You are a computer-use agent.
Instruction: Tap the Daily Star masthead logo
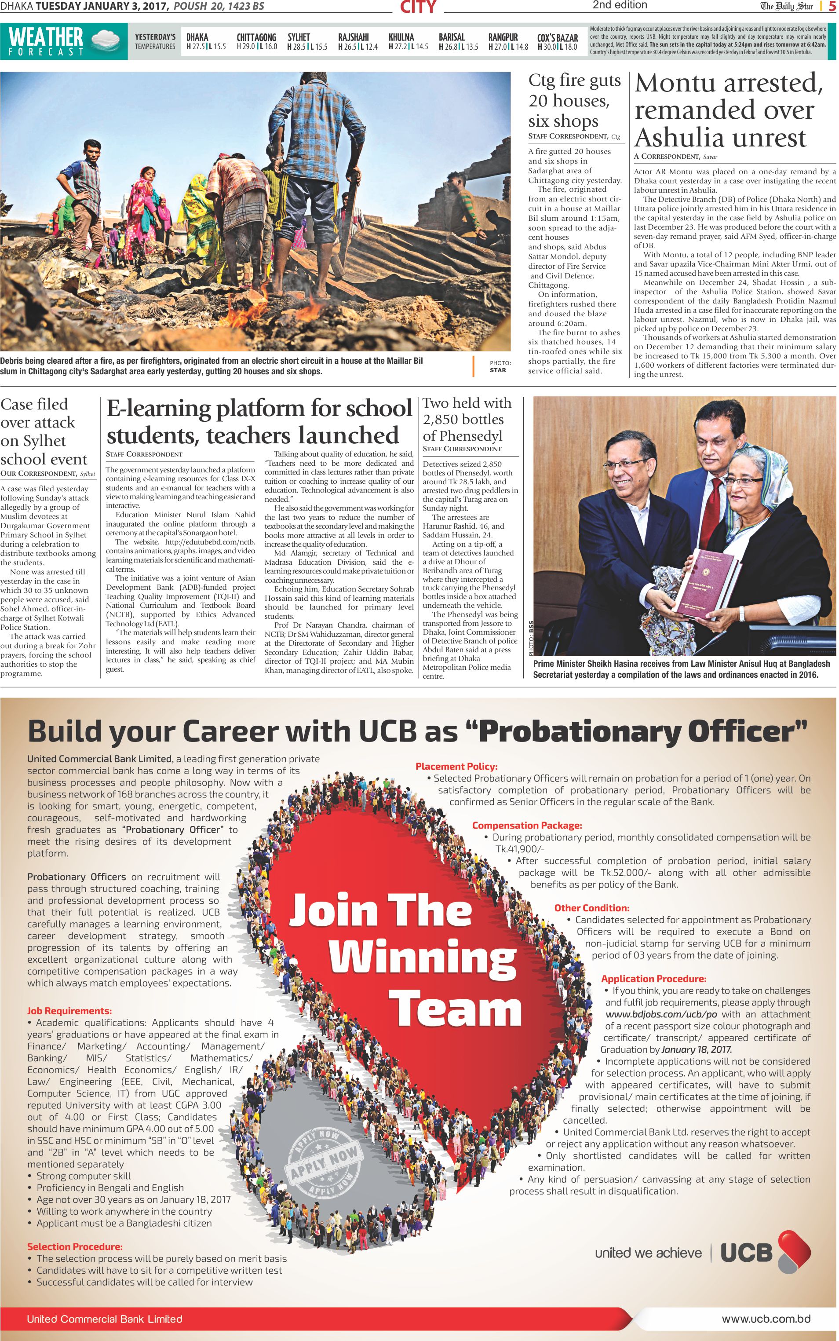786,7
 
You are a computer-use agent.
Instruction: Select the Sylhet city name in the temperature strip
299,37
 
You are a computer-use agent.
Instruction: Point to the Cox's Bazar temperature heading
557,38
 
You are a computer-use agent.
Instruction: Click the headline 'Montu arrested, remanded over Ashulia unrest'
728,110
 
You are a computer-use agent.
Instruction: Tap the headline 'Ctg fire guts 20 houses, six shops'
574,100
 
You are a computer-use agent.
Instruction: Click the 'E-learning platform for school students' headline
259,422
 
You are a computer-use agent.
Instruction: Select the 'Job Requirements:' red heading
69,1011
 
